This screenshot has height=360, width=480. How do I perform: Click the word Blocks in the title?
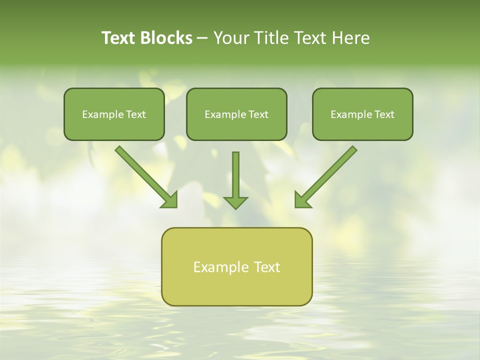click(166, 38)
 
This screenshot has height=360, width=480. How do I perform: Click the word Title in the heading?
click(268, 38)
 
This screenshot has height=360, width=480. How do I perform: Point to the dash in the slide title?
click(202, 38)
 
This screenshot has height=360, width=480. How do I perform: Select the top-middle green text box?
click(236, 127)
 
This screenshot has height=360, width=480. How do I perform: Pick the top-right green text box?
click(362, 127)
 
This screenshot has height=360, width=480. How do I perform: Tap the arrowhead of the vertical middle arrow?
click(235, 202)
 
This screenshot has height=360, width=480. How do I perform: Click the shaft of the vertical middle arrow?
click(235, 172)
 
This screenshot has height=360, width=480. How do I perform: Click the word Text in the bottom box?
click(266, 267)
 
